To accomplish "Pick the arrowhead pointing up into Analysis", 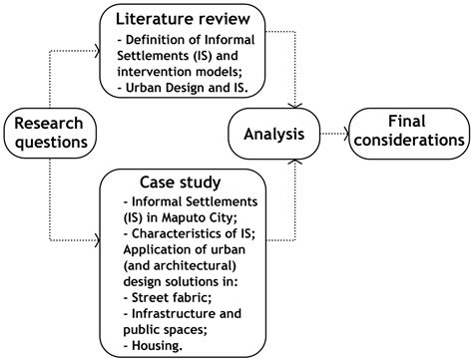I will (296, 160).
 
